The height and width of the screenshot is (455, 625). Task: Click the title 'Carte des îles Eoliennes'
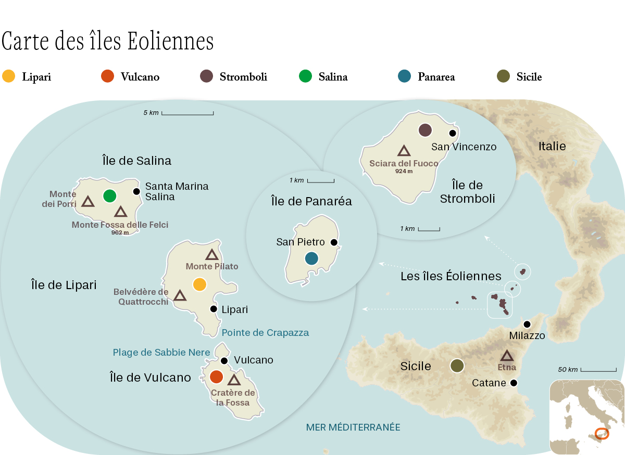coord(108,42)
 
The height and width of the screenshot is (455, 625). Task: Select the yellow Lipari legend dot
coord(9,76)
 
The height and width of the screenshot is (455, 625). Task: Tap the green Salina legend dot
coord(306,76)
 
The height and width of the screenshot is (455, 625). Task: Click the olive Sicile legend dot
coord(504,76)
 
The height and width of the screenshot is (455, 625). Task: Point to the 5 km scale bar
coord(187,113)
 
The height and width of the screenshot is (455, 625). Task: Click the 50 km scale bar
coord(598,370)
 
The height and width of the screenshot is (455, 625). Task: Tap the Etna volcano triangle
coord(507,356)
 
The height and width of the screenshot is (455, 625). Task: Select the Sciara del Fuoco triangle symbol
coord(404,151)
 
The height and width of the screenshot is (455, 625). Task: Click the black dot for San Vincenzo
coord(453,133)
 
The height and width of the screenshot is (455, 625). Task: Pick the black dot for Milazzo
coord(527,324)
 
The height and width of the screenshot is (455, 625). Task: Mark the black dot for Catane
coord(514,383)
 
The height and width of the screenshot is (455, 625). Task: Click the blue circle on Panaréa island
coord(311,258)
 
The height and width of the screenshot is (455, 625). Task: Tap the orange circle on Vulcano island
coord(216,376)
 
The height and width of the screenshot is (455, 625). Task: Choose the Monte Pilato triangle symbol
coord(211,255)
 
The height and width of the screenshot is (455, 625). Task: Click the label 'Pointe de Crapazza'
coord(265,333)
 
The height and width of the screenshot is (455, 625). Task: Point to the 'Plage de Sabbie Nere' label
coord(161,353)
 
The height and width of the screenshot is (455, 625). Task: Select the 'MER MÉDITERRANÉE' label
coord(353,427)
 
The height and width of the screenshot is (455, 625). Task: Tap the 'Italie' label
coord(552,147)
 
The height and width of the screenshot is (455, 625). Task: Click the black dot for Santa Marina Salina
coord(136,191)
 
